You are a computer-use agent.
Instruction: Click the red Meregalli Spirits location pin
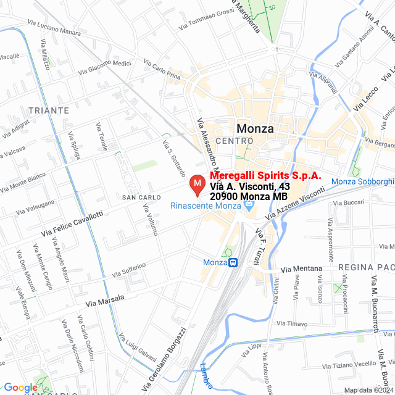(x=197, y=185)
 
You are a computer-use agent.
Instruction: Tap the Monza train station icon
(x=233, y=263)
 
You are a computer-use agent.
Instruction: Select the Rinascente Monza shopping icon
(x=249, y=206)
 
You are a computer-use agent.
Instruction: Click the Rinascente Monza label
(x=206, y=206)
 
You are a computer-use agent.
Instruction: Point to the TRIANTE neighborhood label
(x=48, y=110)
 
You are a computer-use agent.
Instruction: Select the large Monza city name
(x=255, y=129)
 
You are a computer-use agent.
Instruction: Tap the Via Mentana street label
(x=302, y=269)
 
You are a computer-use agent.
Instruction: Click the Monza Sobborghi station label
(x=362, y=181)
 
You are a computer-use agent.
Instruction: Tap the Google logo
(x=20, y=388)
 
